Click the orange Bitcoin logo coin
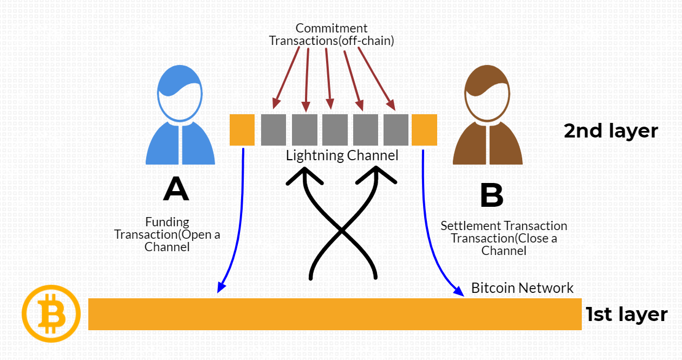coord(50,313)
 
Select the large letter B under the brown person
coord(491,195)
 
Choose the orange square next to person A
coord(242,130)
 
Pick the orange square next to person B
coord(424,130)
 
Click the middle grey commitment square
coord(335,130)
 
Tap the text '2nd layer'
coord(610,131)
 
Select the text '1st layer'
coord(626,315)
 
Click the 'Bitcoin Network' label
coord(522,287)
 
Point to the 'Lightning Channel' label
coord(342,156)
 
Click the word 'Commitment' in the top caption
coord(332,28)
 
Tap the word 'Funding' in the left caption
coord(167,222)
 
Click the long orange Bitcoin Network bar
coord(334,314)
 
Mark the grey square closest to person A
coord(274,130)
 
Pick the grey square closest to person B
coord(396,130)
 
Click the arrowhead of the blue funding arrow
coord(219,289)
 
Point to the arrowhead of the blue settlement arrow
coord(460,293)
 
